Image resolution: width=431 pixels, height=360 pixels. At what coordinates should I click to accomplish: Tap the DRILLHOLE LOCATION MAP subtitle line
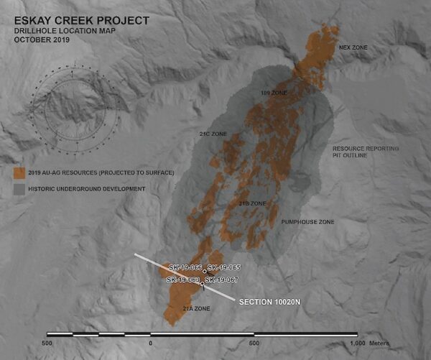[x=62, y=31]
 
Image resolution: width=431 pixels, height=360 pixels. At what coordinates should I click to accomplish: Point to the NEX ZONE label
[x=353, y=48]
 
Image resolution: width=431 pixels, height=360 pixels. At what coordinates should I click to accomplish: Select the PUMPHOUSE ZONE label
[x=307, y=222]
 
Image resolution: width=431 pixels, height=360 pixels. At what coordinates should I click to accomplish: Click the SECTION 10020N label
[x=269, y=302]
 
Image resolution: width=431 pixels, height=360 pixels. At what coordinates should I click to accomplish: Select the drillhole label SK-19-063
[x=182, y=280]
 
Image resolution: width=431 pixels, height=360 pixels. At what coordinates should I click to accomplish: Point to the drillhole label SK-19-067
[x=222, y=280]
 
